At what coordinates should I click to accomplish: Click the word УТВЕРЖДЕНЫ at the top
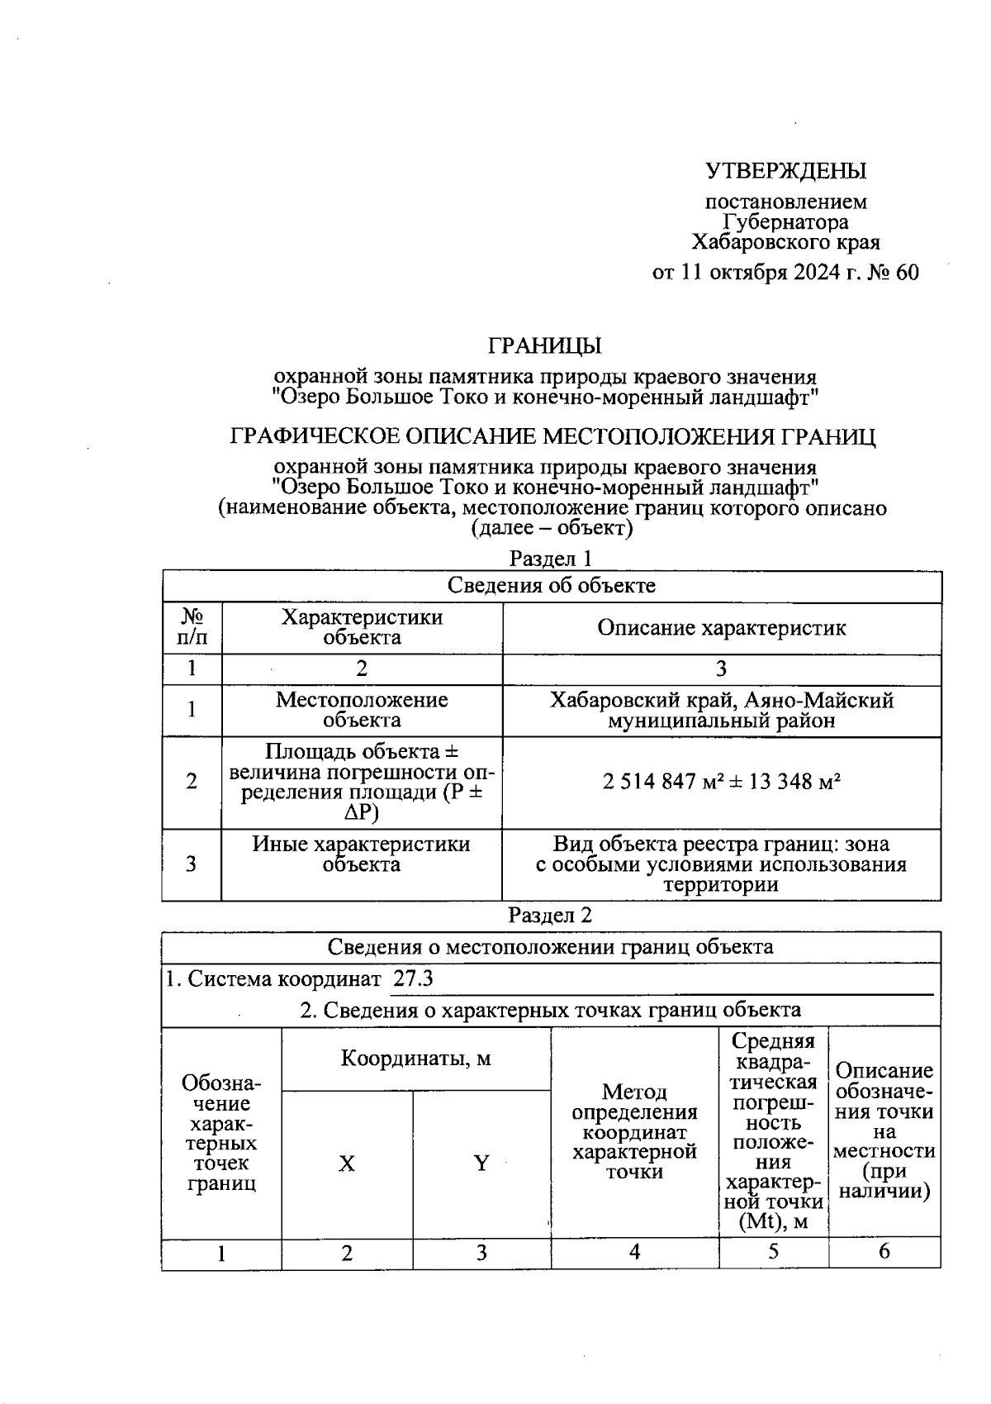(x=785, y=171)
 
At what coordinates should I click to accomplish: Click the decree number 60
(x=906, y=273)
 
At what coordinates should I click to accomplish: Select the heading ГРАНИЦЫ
(x=545, y=345)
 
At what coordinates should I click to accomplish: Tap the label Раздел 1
(x=551, y=559)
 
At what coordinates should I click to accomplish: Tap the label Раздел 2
(x=551, y=916)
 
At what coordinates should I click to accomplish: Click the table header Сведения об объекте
(x=551, y=586)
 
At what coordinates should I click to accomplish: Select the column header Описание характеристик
(x=721, y=628)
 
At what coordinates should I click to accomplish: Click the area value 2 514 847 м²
(x=658, y=782)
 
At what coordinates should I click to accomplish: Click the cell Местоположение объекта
(x=362, y=710)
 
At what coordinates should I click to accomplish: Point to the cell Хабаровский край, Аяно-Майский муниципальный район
(x=721, y=711)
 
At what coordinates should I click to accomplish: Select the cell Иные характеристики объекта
(x=362, y=854)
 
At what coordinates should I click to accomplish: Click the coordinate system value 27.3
(x=413, y=979)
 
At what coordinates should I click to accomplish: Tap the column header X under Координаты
(x=347, y=1164)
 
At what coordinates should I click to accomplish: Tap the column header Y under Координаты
(x=481, y=1164)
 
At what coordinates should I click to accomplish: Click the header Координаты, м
(x=415, y=1059)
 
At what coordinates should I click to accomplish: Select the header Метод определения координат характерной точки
(x=634, y=1132)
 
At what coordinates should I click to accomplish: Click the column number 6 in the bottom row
(x=884, y=1252)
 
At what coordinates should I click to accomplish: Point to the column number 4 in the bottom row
(x=634, y=1252)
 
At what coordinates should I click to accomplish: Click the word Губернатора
(x=785, y=222)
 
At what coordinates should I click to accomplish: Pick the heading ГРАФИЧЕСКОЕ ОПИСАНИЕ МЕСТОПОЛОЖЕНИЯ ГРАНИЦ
(x=552, y=436)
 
